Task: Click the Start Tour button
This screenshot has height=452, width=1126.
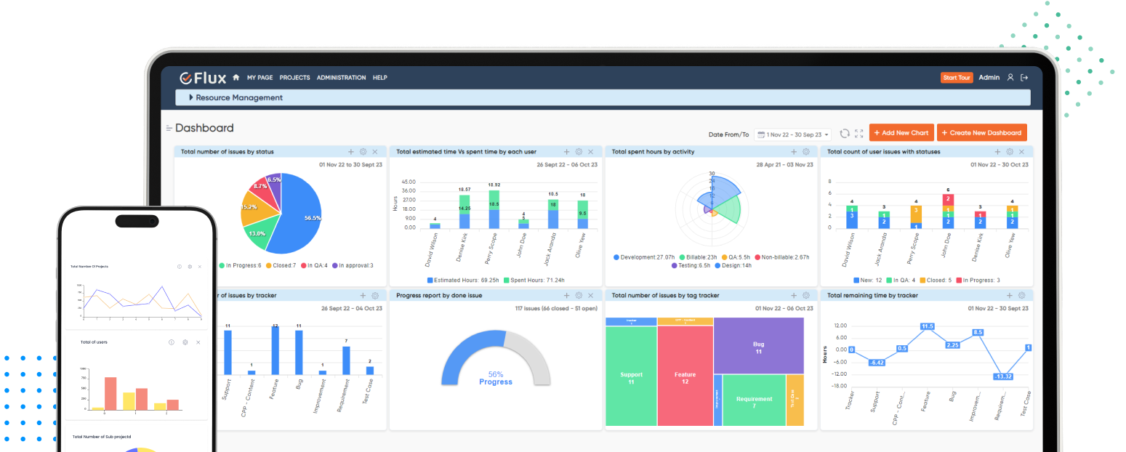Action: [956, 78]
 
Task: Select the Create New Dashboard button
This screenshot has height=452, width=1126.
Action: [981, 133]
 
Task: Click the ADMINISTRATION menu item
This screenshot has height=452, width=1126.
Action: [341, 78]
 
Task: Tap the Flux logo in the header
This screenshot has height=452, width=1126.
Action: [204, 78]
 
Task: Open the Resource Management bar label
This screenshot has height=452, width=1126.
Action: [239, 97]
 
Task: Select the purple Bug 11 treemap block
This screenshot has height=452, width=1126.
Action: [758, 347]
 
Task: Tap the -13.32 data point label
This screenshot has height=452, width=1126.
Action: [1004, 376]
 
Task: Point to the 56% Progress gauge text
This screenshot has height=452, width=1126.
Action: [496, 378]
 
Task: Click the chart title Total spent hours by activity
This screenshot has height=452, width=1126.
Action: [653, 152]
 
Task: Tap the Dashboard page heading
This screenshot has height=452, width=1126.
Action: [204, 128]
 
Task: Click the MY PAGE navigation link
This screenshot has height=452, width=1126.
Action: [260, 78]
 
